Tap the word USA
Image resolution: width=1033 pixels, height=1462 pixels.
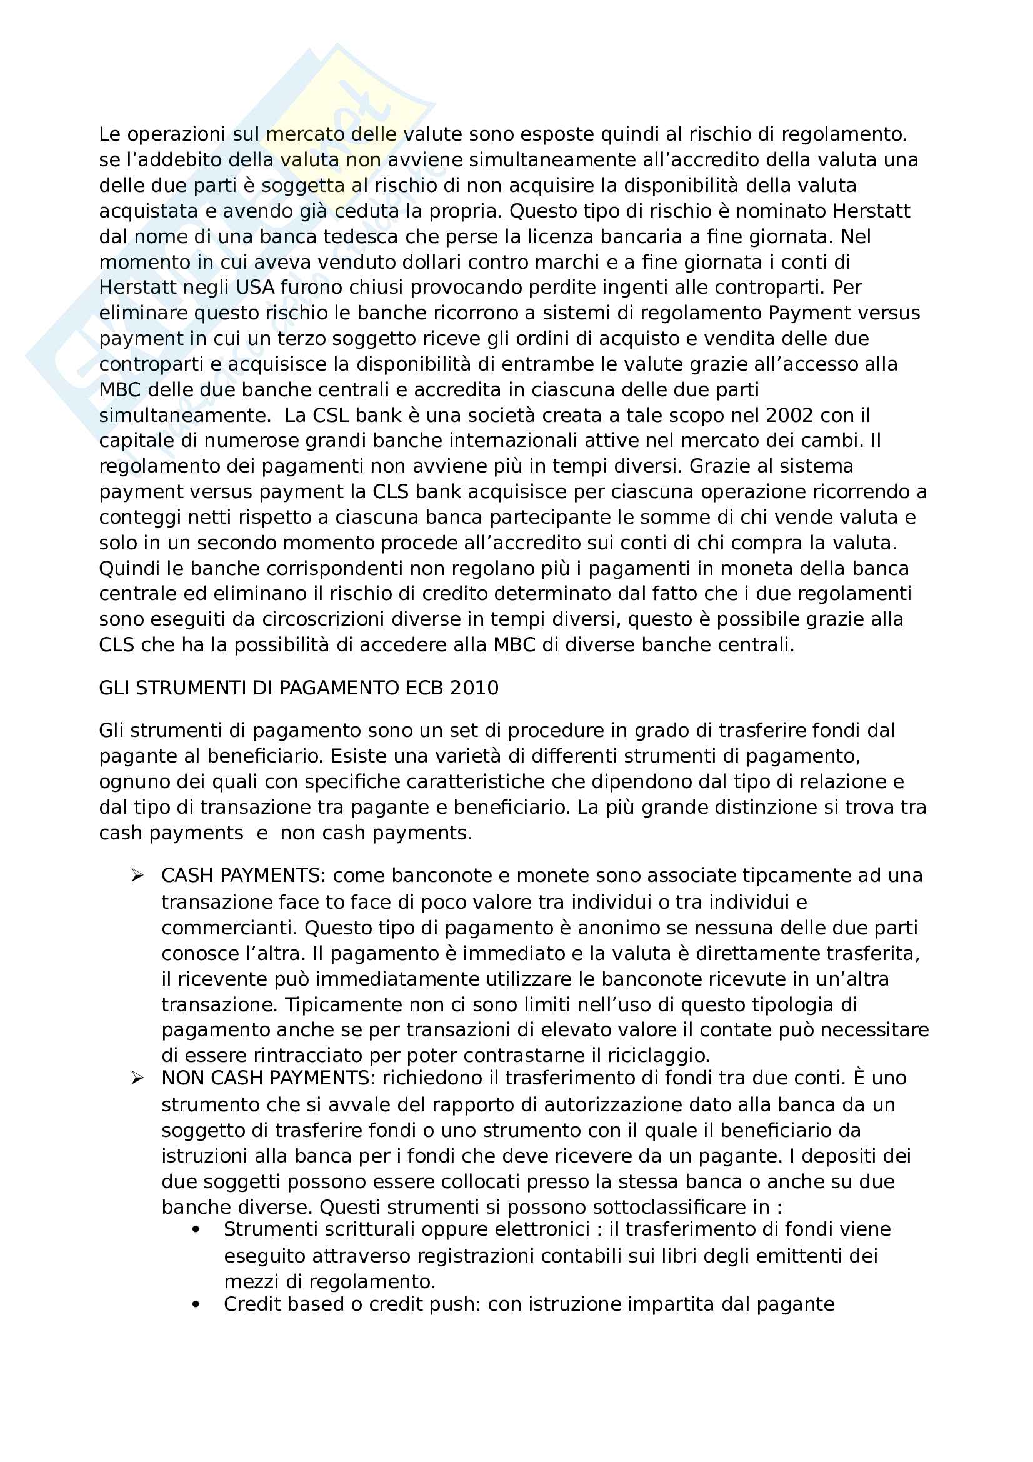point(254,288)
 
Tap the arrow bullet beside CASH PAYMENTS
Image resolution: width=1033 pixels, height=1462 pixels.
point(137,876)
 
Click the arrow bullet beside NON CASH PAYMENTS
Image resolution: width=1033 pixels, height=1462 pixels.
point(137,1078)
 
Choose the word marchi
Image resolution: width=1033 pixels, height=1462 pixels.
point(562,263)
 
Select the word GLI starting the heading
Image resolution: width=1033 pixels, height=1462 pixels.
point(114,688)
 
